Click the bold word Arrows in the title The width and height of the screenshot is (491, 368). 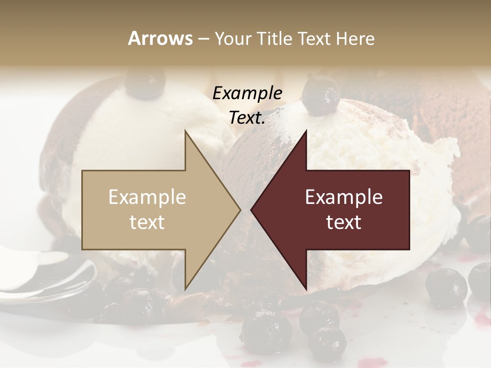tap(160, 38)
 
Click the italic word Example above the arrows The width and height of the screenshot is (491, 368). tap(248, 94)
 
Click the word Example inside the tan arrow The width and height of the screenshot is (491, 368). tap(147, 197)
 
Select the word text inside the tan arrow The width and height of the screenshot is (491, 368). tap(147, 222)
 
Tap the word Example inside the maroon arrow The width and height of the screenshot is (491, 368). tap(344, 197)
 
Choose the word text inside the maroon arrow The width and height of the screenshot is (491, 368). tap(344, 222)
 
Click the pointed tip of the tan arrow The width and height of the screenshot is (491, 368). tap(239, 210)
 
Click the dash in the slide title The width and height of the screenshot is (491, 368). tap(204, 39)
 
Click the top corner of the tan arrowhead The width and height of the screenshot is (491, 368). tap(185, 131)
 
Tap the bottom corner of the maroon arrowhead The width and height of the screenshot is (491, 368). tap(306, 289)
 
